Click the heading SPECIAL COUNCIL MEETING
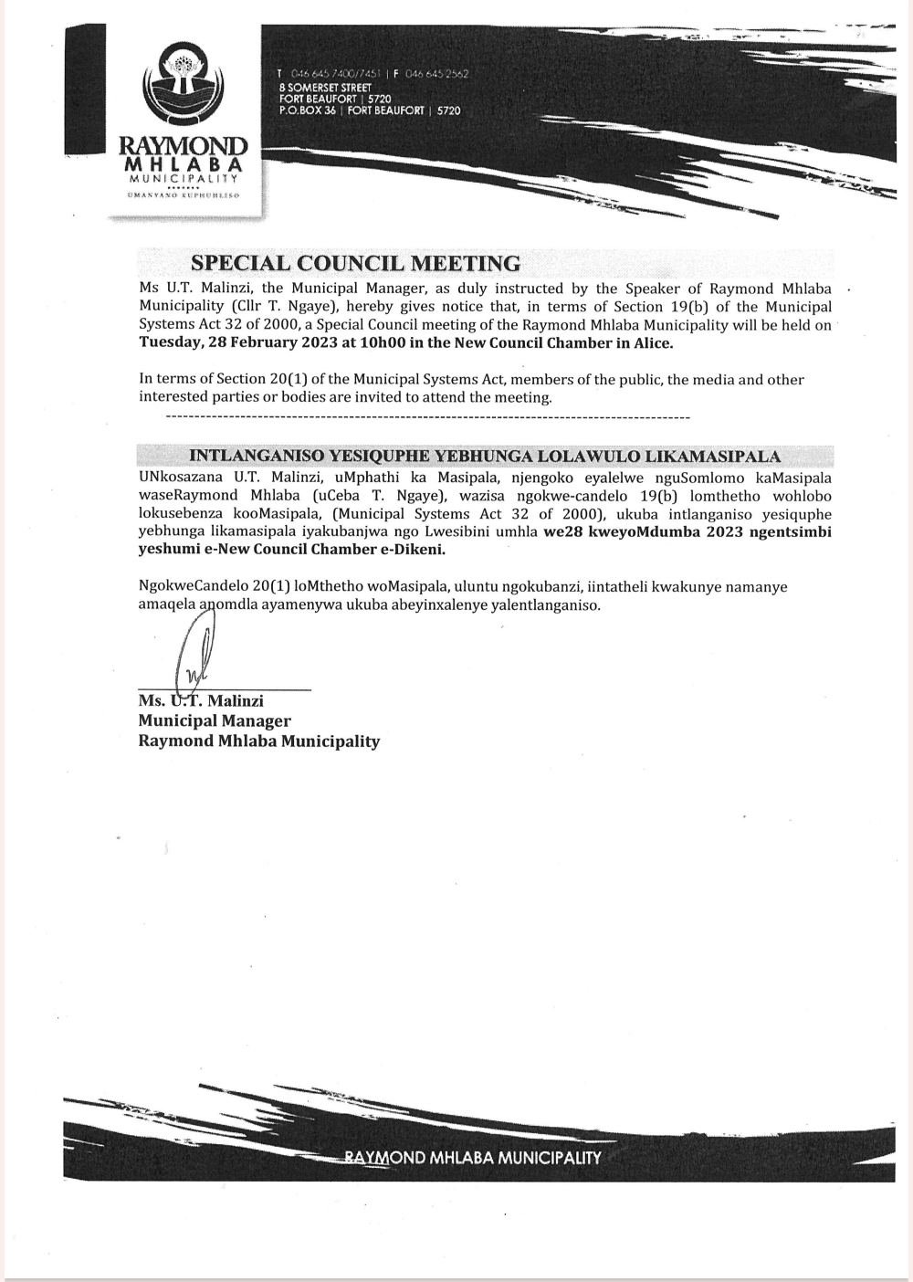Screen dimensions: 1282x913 355,264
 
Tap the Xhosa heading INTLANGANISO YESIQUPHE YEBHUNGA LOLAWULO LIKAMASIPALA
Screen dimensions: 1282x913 484,457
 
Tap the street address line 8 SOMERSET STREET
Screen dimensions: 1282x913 325,87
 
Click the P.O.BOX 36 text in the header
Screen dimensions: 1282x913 308,110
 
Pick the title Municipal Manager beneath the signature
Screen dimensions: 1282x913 215,720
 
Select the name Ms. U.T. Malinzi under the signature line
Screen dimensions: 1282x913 201,700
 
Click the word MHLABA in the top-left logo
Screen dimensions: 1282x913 184,164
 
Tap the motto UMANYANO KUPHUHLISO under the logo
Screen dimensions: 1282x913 184,195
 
